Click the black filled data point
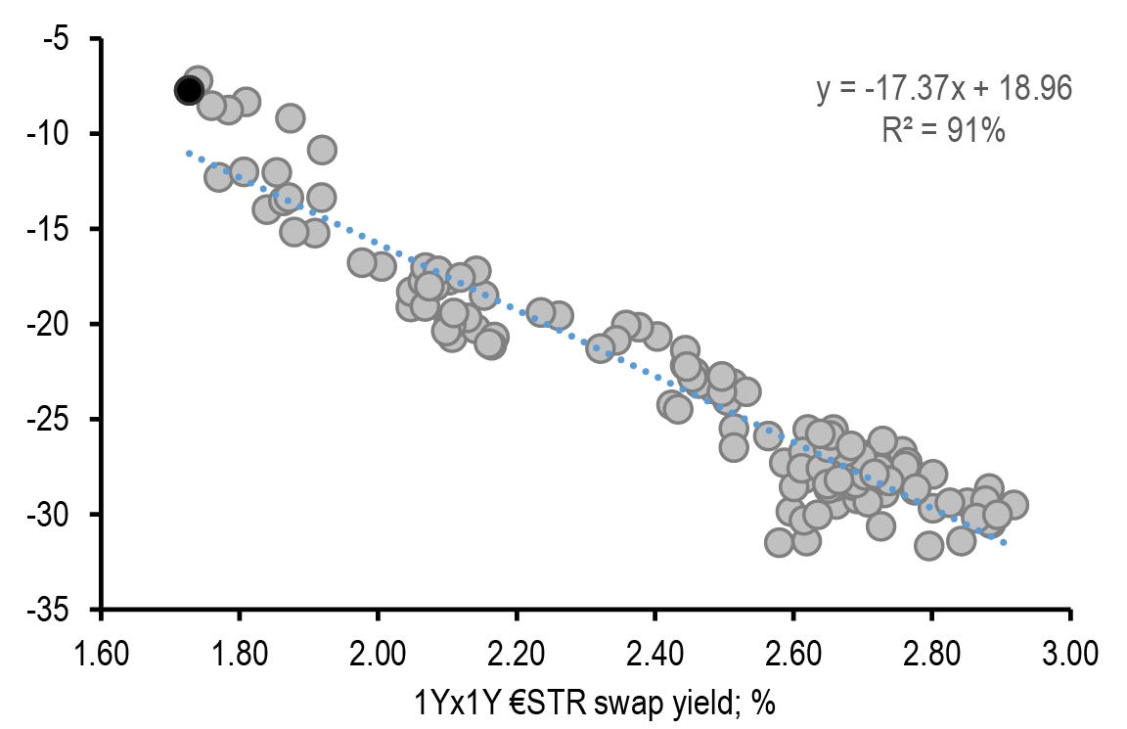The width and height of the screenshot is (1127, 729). tap(189, 90)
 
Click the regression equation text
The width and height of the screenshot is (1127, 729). tap(944, 89)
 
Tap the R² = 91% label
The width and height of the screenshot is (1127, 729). tap(944, 130)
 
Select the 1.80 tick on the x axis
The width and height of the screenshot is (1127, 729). tap(240, 651)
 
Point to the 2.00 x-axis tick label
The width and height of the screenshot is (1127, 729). tap(379, 651)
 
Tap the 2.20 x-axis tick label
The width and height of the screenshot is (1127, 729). tap(517, 651)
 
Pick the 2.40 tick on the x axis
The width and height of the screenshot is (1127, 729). tap(655, 651)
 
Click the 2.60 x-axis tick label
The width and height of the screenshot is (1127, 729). tap(793, 651)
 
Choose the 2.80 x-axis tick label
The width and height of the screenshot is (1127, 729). tap(932, 651)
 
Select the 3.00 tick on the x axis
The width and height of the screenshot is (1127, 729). tap(1070, 651)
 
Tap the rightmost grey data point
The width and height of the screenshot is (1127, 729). tap(1014, 504)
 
